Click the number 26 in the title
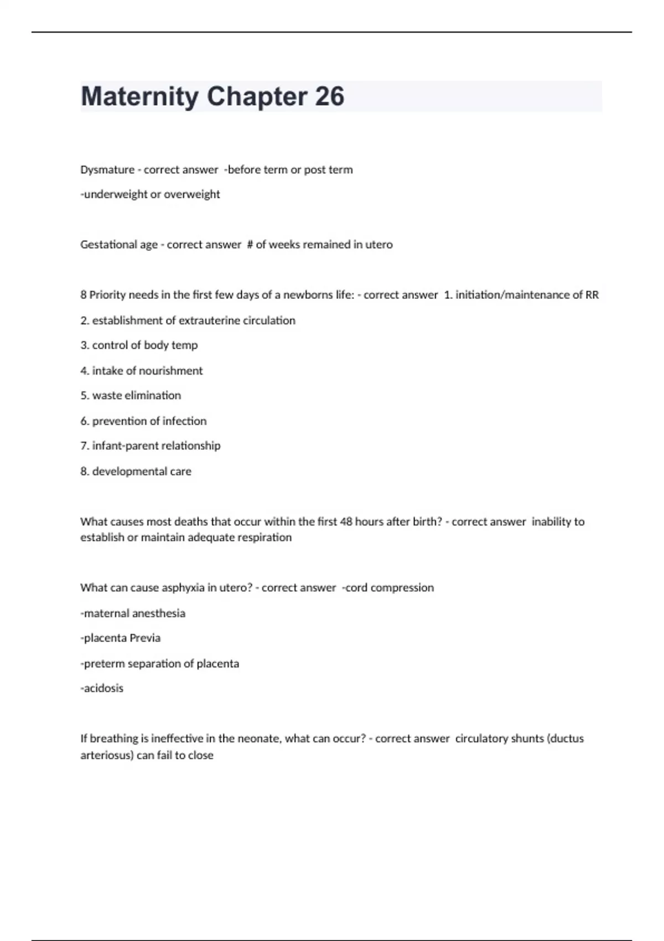click(x=330, y=96)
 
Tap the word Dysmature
click(x=107, y=170)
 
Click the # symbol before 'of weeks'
click(x=250, y=245)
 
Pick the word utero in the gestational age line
click(x=378, y=245)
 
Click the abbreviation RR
click(x=592, y=295)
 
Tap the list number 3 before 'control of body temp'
click(x=84, y=345)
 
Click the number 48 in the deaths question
click(x=346, y=521)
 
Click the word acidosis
click(x=103, y=689)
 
